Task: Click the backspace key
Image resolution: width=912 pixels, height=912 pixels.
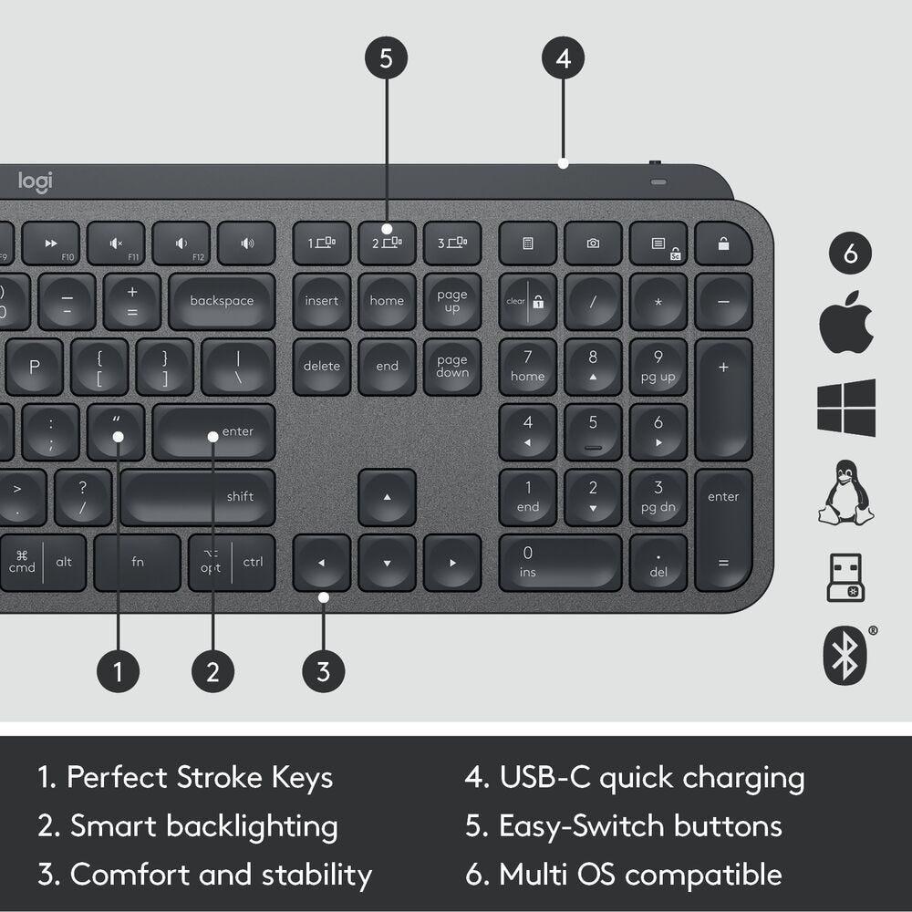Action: point(222,301)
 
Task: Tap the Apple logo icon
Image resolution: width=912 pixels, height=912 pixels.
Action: point(846,322)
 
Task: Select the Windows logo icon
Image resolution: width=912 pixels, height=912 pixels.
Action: point(846,407)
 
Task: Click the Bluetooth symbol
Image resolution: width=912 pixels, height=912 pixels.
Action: point(845,655)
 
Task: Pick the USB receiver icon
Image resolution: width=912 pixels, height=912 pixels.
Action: point(845,577)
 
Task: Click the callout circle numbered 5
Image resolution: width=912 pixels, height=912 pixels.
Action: point(386,59)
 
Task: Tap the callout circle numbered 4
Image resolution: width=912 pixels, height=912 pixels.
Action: point(563,59)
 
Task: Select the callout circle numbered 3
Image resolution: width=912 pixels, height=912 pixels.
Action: point(323,672)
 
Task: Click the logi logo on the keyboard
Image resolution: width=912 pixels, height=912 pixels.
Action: point(36,181)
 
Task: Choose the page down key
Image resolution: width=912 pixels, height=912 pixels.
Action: point(451,367)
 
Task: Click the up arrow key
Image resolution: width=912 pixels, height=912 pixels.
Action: point(387,498)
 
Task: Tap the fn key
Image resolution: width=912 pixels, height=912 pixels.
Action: point(138,562)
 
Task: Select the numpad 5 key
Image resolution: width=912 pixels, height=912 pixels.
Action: point(593,431)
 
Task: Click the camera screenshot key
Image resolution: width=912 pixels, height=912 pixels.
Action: point(593,244)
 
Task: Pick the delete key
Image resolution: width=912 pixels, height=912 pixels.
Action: point(321,367)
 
